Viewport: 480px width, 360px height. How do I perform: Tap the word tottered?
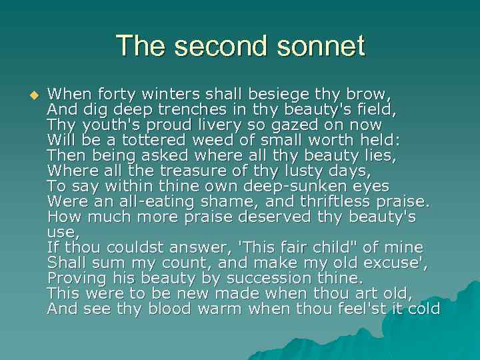tap(151, 140)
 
